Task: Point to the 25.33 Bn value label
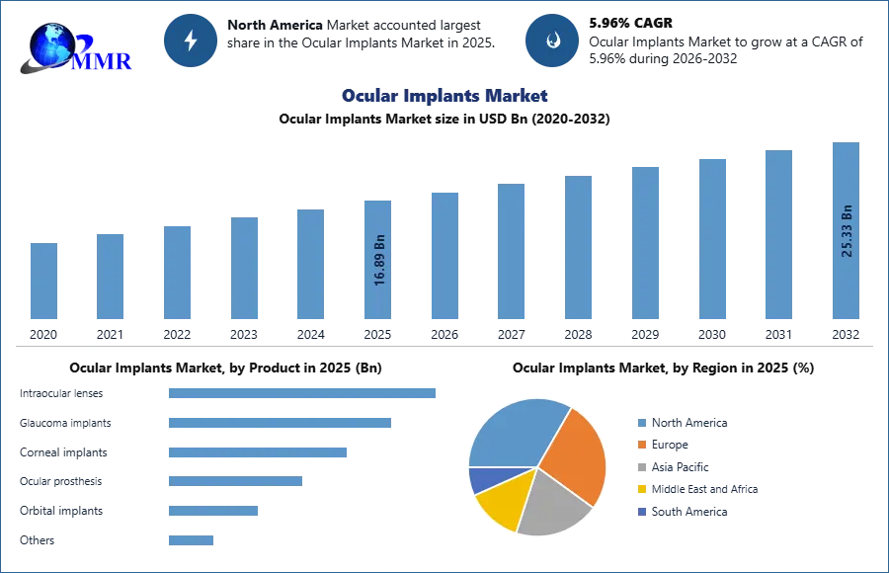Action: (846, 231)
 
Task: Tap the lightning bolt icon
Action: (191, 41)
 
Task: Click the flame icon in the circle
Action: (552, 41)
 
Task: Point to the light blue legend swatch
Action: (639, 423)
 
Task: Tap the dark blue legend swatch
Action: (639, 513)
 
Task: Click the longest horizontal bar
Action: (303, 395)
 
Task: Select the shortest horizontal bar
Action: (190, 538)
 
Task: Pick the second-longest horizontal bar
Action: (281, 423)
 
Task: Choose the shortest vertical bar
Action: (42, 281)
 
